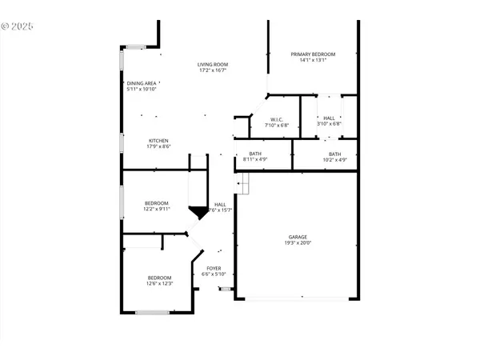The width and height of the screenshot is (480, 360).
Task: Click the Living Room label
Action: tap(214, 64)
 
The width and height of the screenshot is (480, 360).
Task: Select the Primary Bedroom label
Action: tap(313, 54)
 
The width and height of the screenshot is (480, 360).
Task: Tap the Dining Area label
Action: tap(141, 82)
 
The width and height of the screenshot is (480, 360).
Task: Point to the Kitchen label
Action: tap(158, 141)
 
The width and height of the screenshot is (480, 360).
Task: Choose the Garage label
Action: tap(298, 237)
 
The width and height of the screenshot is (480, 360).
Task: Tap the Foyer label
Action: tap(214, 268)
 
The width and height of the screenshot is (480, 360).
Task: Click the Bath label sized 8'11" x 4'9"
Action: tap(255, 154)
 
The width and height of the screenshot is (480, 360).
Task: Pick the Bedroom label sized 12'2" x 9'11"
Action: tap(156, 203)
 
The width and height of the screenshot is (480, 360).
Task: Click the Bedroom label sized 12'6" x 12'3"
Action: tap(159, 278)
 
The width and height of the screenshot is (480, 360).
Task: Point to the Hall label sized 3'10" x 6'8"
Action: tap(329, 119)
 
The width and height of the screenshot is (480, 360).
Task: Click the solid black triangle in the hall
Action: tap(198, 212)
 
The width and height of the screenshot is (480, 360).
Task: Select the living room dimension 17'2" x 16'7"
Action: tap(214, 70)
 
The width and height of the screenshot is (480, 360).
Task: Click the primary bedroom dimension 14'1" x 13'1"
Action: tap(313, 60)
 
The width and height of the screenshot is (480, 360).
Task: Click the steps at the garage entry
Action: tap(242, 185)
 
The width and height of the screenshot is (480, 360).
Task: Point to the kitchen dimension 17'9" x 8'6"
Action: tap(158, 147)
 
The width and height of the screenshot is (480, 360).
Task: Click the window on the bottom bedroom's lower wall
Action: tap(146, 312)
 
